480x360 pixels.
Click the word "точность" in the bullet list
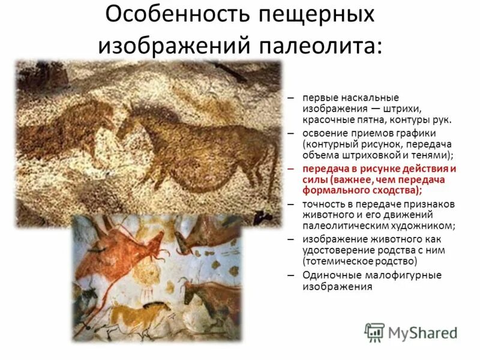(324, 204)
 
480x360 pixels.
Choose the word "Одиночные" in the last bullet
(328, 275)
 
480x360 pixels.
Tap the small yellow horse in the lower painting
(129, 311)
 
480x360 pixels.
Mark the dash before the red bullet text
(290, 169)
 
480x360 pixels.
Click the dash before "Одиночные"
(290, 275)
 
